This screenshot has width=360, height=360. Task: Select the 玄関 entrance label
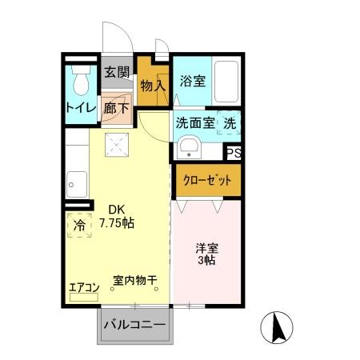point(117,72)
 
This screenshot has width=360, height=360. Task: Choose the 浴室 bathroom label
point(192,82)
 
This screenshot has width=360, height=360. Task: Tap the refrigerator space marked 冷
point(79,226)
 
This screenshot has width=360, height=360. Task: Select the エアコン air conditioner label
point(84,286)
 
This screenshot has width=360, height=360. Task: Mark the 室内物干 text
point(134,281)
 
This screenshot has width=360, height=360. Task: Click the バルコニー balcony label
point(134,326)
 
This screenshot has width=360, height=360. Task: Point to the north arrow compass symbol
point(279,326)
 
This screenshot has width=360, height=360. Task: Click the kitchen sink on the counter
point(77,183)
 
